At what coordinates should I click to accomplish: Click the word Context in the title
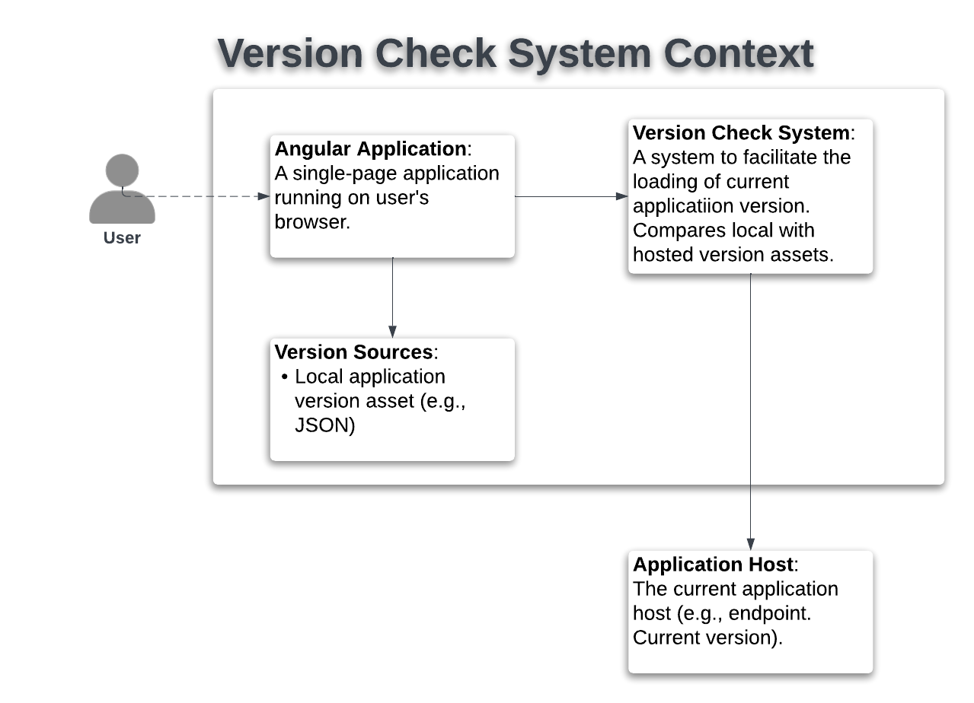coord(739,53)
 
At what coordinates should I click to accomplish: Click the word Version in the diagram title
coord(290,53)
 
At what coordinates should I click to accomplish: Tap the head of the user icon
coord(122,170)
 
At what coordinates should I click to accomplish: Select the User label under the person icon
coord(122,238)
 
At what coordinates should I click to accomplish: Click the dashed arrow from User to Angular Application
coord(196,196)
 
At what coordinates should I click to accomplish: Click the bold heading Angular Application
coord(370,148)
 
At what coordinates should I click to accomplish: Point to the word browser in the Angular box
coord(312,222)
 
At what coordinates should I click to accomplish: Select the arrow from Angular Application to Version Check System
coord(571,196)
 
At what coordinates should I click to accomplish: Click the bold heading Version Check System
coord(741,132)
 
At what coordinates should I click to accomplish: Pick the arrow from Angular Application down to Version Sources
coord(393,297)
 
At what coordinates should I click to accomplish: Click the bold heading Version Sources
coord(354,352)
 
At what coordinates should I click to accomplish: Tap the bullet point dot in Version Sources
coord(285,377)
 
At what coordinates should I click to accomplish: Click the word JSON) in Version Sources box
coord(325,425)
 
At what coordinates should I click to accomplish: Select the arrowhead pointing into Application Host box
coord(751,545)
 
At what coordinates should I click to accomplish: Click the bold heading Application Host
coord(714,565)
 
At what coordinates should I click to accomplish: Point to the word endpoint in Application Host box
coord(770,613)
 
